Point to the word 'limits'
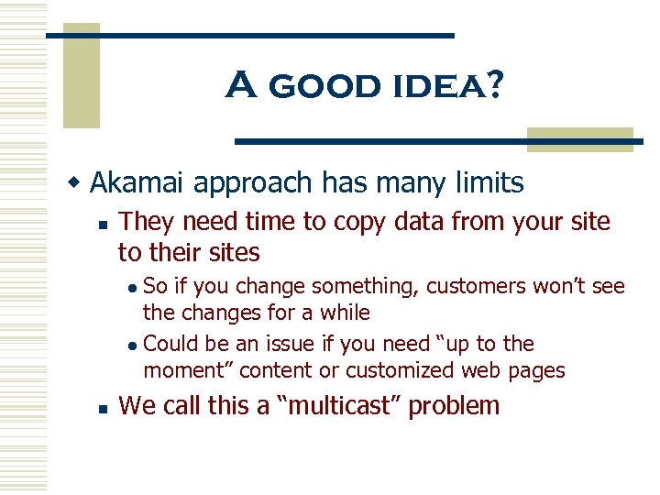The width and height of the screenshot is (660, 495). pos(489,182)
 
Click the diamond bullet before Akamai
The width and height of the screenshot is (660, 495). pos(78,183)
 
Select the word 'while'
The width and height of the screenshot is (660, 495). pos(345,313)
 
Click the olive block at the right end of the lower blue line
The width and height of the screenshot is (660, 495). pos(580,139)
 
